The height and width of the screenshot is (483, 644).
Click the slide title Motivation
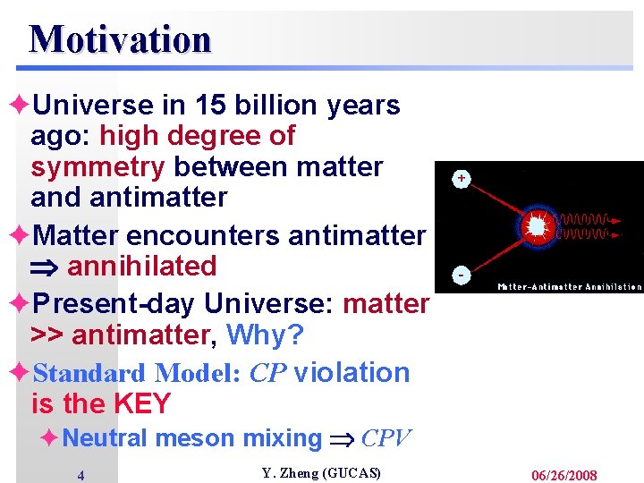pos(120,39)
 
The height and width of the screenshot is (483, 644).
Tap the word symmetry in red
pos(97,167)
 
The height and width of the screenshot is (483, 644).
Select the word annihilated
pos(141,266)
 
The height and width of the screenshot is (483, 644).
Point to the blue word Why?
pos(265,335)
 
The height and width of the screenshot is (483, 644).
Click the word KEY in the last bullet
pos(142,403)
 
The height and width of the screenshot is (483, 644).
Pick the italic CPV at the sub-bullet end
pos(386,438)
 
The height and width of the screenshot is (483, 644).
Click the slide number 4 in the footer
pos(80,476)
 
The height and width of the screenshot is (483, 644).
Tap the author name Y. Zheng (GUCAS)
pos(320,473)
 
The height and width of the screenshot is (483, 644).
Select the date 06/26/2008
pos(564,475)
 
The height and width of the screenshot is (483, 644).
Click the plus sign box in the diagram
pos(462,179)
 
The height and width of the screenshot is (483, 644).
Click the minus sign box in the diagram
pos(462,274)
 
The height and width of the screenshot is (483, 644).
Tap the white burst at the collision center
pos(536,227)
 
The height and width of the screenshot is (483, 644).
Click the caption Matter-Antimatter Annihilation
pos(570,287)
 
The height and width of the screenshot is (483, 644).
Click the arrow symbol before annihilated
pos(45,267)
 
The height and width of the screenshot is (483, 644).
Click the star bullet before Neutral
pos(51,437)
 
